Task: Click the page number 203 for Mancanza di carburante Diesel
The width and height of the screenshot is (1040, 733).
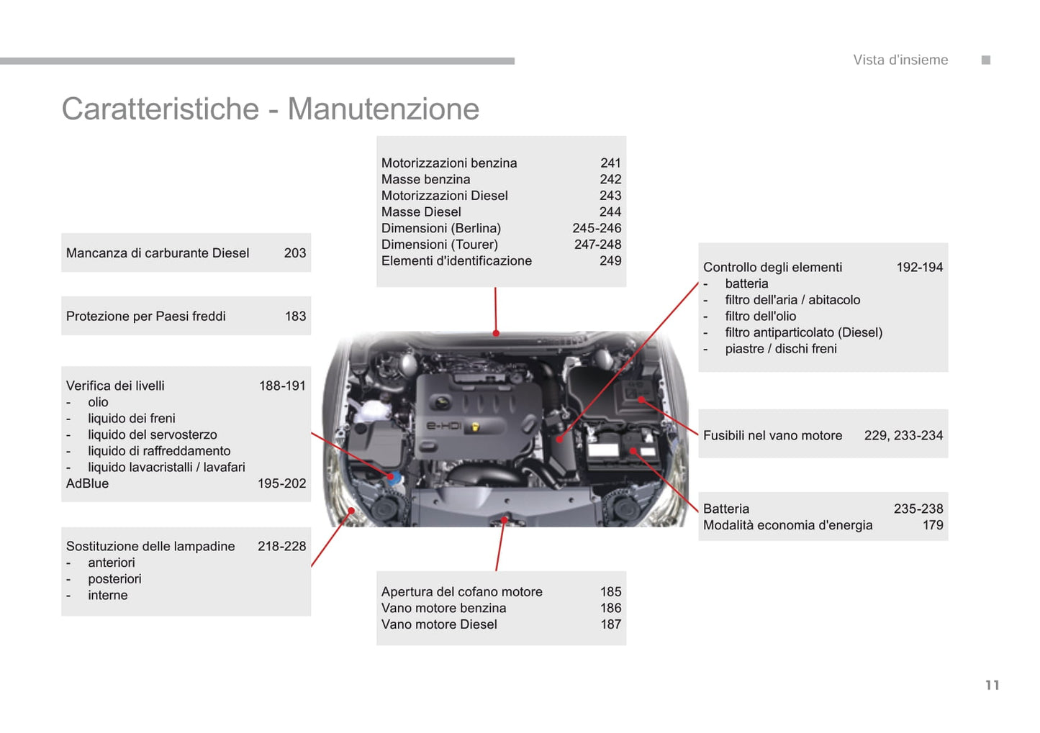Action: point(295,252)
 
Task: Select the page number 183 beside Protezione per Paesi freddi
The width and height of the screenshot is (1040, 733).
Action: point(295,316)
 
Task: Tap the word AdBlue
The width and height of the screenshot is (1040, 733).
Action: point(87,483)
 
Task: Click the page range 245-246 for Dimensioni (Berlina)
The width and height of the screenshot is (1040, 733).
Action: point(597,228)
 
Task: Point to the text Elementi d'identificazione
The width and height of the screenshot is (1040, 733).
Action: point(456,260)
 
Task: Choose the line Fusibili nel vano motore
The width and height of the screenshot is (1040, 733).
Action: point(772,435)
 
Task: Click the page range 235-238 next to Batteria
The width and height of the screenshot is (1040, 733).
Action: point(918,509)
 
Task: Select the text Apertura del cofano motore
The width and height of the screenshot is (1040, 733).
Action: point(461,591)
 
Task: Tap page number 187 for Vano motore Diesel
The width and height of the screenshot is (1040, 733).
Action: point(610,624)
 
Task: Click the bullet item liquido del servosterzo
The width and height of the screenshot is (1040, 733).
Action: point(153,434)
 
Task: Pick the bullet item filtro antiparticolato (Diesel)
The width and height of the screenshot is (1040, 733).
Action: point(804,332)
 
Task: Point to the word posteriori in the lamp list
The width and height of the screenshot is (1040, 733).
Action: point(114,579)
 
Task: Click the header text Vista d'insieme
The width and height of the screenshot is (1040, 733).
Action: point(900,60)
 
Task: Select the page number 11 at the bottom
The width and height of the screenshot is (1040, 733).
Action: point(992,685)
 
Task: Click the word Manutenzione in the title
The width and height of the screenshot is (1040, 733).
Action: point(384,109)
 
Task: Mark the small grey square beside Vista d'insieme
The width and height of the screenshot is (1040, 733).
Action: point(986,60)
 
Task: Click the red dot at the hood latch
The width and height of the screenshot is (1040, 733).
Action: point(505,520)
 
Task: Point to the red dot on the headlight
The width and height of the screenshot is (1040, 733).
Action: point(351,511)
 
